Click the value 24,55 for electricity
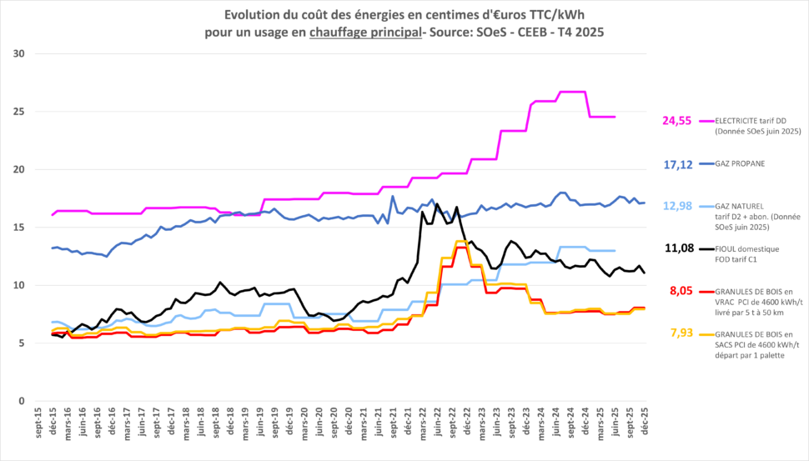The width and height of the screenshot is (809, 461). point(677,121)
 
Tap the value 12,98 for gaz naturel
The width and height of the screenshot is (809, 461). point(677,206)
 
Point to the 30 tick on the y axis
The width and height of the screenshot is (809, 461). point(19,54)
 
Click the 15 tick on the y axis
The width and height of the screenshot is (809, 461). point(19,228)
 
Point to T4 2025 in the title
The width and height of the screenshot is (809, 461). point(580,32)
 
